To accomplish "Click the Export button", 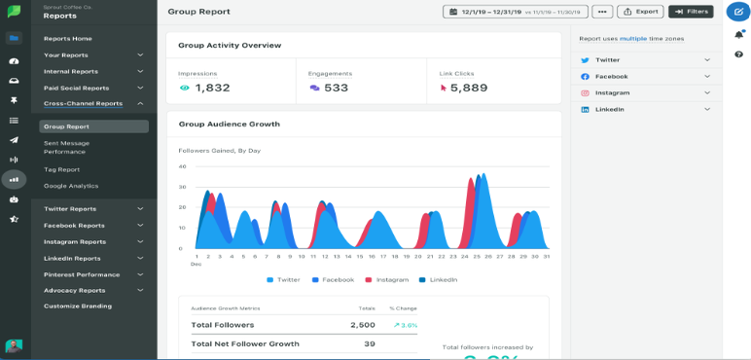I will (640, 12).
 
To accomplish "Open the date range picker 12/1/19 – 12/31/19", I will (515, 12).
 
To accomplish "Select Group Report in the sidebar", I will (93, 126).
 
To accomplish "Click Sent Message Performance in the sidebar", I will (66, 147).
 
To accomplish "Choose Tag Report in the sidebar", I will (61, 169).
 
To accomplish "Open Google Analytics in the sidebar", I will (71, 186).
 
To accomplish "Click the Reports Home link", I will (68, 39).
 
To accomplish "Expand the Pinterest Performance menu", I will (93, 274).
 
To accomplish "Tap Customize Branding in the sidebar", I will (78, 306).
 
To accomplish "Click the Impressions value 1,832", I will (212, 88).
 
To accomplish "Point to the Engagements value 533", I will (336, 88).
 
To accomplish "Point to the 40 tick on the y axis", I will (182, 166).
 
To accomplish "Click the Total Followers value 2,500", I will (362, 325).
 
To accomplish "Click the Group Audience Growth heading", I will (229, 125).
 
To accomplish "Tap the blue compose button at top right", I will (737, 12).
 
